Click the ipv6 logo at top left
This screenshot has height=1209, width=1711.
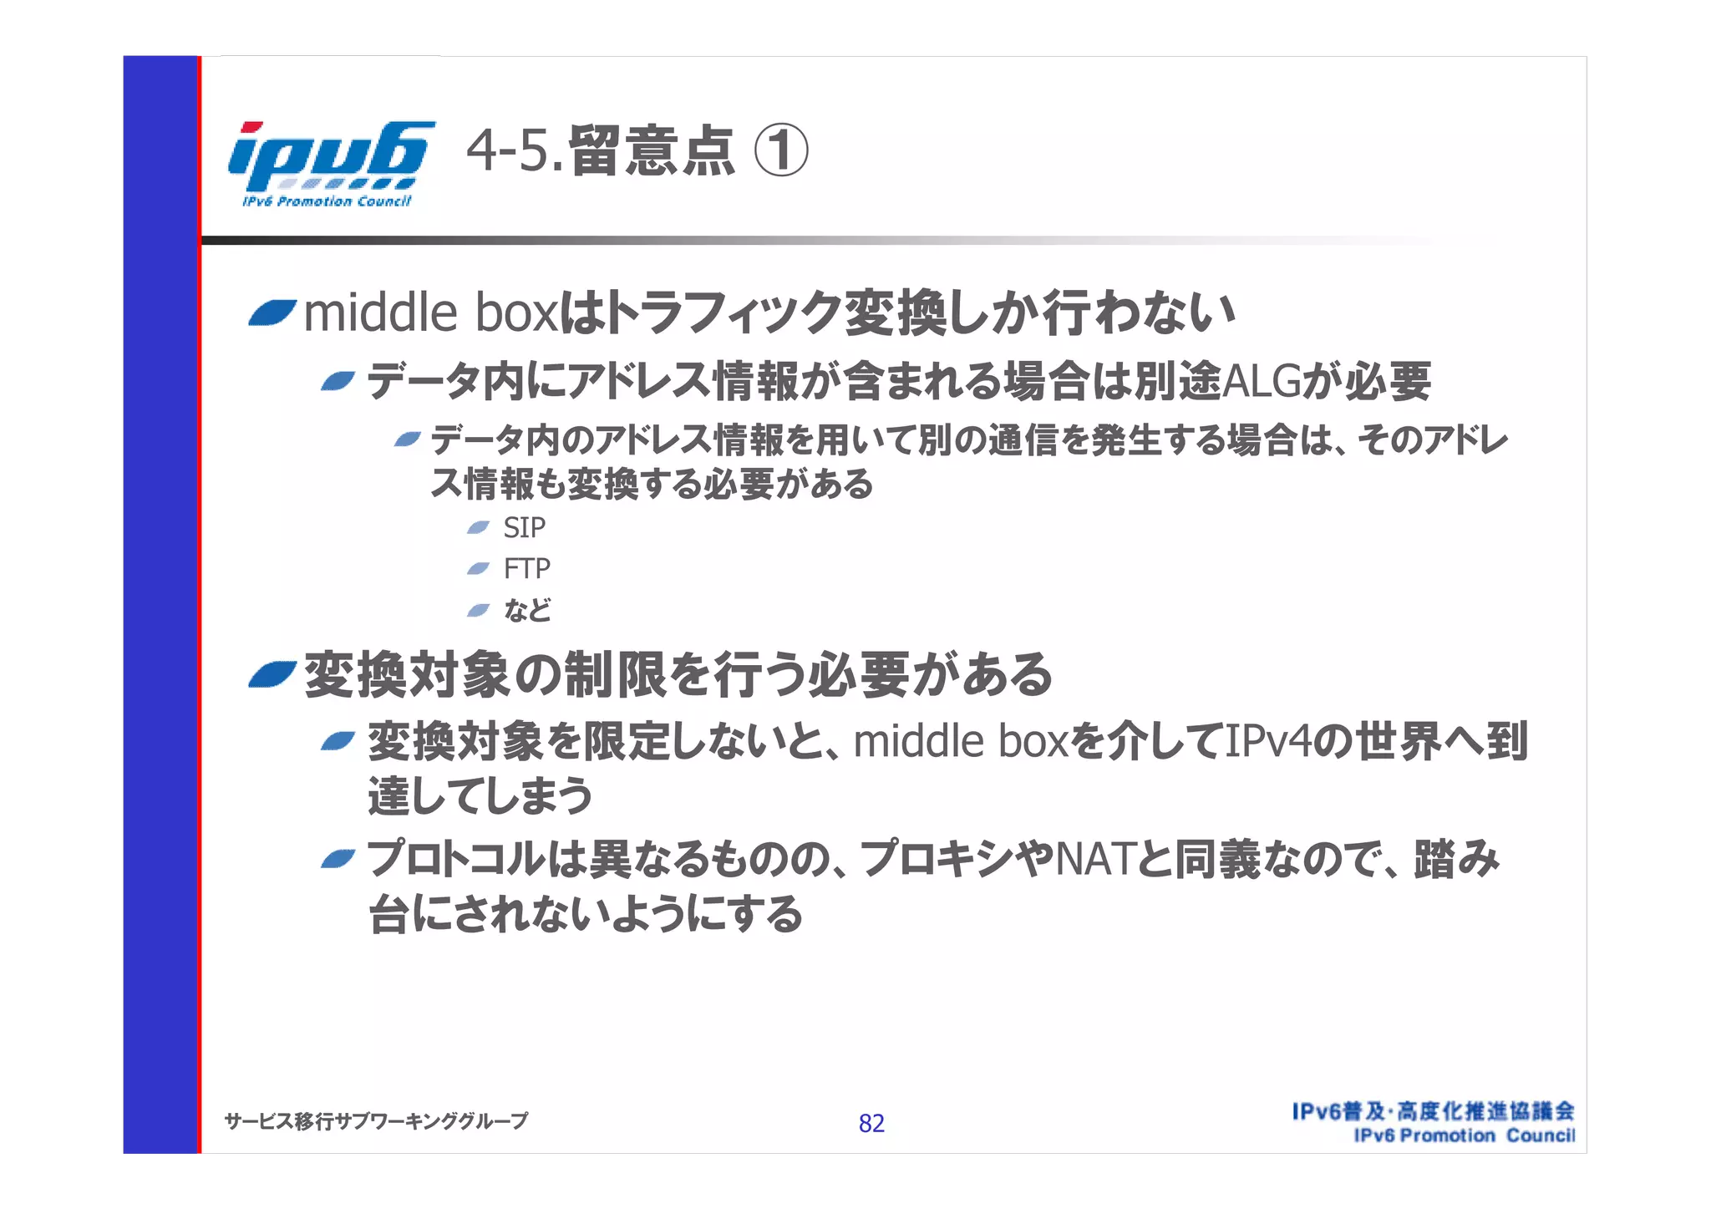[329, 163]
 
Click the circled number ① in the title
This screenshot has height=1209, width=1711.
[780, 153]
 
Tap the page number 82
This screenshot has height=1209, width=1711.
[871, 1124]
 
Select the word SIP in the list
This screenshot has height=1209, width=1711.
[524, 528]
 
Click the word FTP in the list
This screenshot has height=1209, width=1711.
[526, 569]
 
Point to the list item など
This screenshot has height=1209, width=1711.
[527, 610]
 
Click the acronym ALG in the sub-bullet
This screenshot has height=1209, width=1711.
[1261, 382]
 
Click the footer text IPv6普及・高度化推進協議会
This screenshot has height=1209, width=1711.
[1433, 1111]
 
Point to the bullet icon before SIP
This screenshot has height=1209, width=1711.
[478, 527]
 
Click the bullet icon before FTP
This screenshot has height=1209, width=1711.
[478, 568]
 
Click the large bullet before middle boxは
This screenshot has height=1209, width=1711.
[272, 313]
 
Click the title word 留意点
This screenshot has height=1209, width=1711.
[652, 153]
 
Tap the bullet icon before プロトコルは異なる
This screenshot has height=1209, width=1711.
[338, 859]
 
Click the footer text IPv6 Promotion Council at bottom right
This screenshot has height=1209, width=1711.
[1464, 1136]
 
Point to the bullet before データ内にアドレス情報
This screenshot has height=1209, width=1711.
[338, 382]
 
